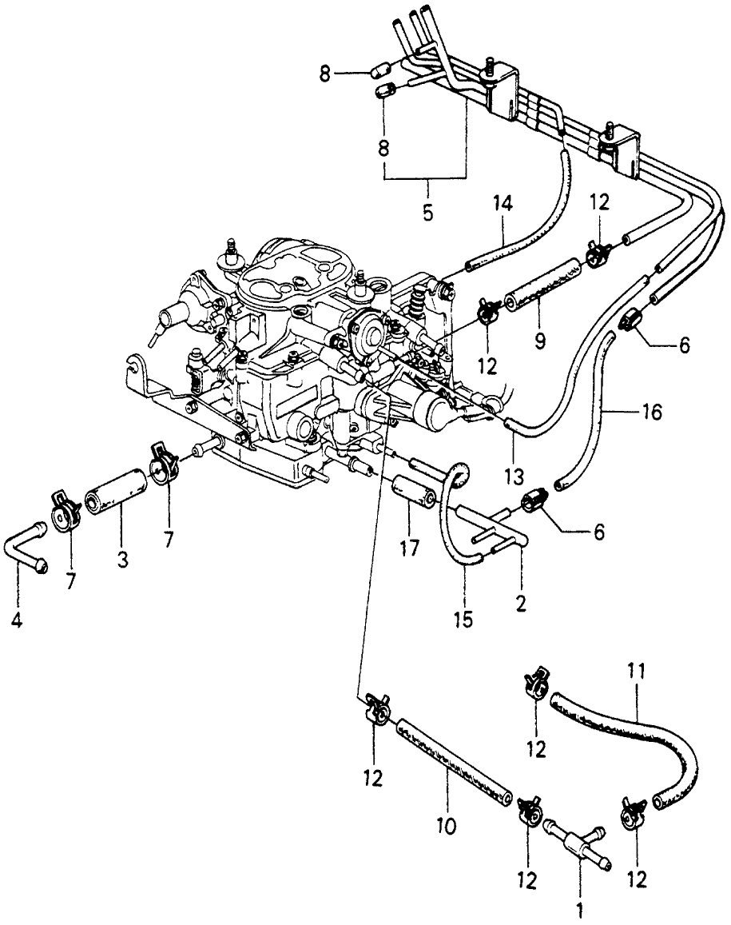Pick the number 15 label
(463, 618)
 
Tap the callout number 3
(122, 560)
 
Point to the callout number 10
(448, 823)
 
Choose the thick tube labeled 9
(541, 285)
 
